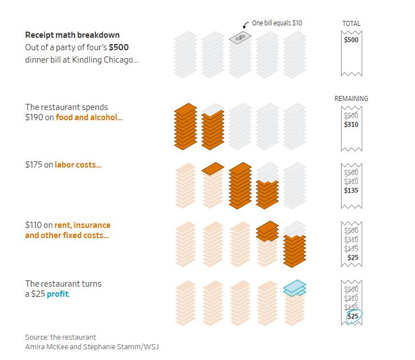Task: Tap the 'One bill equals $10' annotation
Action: pyautogui.click(x=277, y=23)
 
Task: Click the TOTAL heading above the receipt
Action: pyautogui.click(x=351, y=24)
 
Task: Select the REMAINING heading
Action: pyautogui.click(x=351, y=99)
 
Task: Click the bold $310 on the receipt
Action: pyautogui.click(x=351, y=124)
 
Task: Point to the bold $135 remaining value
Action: pyautogui.click(x=351, y=190)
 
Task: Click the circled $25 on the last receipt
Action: pyautogui.click(x=352, y=316)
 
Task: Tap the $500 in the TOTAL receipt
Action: pyautogui.click(x=351, y=40)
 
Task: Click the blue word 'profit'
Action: pyautogui.click(x=58, y=294)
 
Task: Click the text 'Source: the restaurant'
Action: pyautogui.click(x=60, y=337)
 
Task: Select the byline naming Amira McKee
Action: pyautogui.click(x=92, y=346)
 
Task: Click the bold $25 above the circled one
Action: pyautogui.click(x=352, y=257)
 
